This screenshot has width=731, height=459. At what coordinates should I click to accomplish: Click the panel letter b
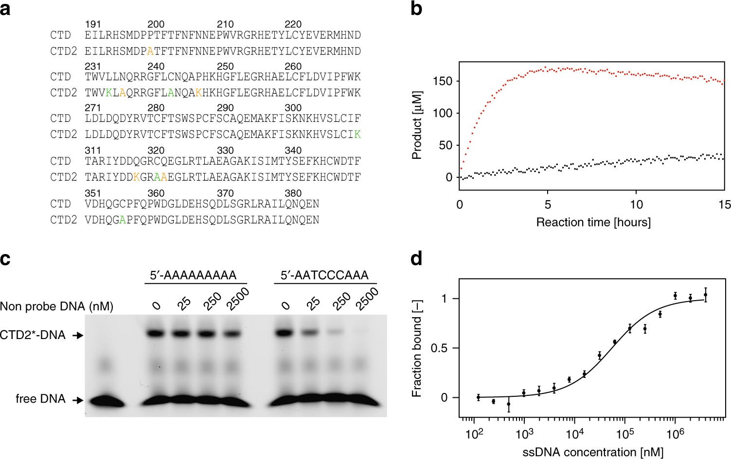[416, 9]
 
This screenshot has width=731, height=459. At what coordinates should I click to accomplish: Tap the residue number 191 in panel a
[93, 24]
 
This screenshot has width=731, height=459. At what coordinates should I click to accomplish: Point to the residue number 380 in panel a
[293, 193]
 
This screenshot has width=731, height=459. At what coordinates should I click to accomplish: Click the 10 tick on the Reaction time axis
[636, 205]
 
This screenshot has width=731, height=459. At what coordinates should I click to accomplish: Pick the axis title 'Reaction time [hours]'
[593, 222]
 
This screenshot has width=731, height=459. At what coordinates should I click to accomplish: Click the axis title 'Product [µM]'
[417, 125]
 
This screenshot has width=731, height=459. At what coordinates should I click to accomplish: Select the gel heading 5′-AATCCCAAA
[324, 275]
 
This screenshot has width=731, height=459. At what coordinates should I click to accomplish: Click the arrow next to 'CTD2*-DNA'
[77, 335]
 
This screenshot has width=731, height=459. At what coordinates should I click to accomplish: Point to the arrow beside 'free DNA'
[77, 400]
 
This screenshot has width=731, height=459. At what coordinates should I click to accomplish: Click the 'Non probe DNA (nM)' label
[57, 306]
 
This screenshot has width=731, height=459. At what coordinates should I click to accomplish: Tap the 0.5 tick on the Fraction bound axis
[439, 348]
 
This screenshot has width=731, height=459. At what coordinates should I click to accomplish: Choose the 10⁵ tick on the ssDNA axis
[624, 434]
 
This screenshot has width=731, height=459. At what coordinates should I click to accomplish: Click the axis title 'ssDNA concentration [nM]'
[593, 452]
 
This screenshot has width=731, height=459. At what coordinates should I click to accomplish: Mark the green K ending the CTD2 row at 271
[357, 135]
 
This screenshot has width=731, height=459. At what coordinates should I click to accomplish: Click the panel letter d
[416, 259]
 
